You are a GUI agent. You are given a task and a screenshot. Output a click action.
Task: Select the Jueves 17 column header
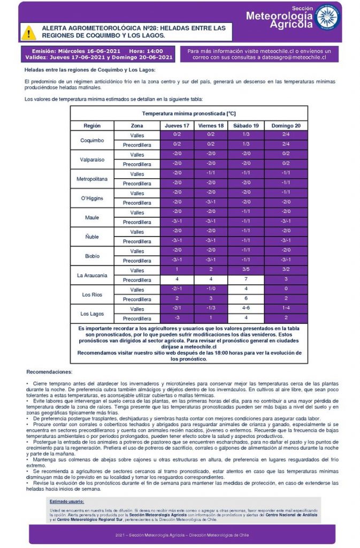177,125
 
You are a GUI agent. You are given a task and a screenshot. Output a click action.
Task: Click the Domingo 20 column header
286,125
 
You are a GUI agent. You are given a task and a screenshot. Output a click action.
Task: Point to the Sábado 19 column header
246,125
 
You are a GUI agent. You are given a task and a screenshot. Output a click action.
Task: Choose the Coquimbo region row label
91,140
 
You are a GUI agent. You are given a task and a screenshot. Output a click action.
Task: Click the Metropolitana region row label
91,178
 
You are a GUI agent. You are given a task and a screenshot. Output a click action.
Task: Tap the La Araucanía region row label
91,275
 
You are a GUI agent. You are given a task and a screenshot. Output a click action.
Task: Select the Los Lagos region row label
91,314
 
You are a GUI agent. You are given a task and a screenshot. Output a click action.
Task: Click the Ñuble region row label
91,237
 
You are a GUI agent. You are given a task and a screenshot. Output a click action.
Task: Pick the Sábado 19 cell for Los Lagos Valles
246,309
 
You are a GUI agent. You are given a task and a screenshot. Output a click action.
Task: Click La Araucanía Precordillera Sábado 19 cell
246,280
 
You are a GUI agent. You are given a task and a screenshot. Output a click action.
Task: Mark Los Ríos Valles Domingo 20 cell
286,290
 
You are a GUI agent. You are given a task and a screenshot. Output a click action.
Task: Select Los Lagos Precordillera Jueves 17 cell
177,318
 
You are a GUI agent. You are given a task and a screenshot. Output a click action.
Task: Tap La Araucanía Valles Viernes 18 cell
211,270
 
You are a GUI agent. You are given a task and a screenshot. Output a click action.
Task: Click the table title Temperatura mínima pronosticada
188,113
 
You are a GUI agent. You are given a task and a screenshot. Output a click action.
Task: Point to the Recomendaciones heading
49,371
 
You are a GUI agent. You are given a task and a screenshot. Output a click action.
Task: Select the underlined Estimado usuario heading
67,501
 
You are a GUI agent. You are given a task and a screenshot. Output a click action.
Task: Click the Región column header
91,125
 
